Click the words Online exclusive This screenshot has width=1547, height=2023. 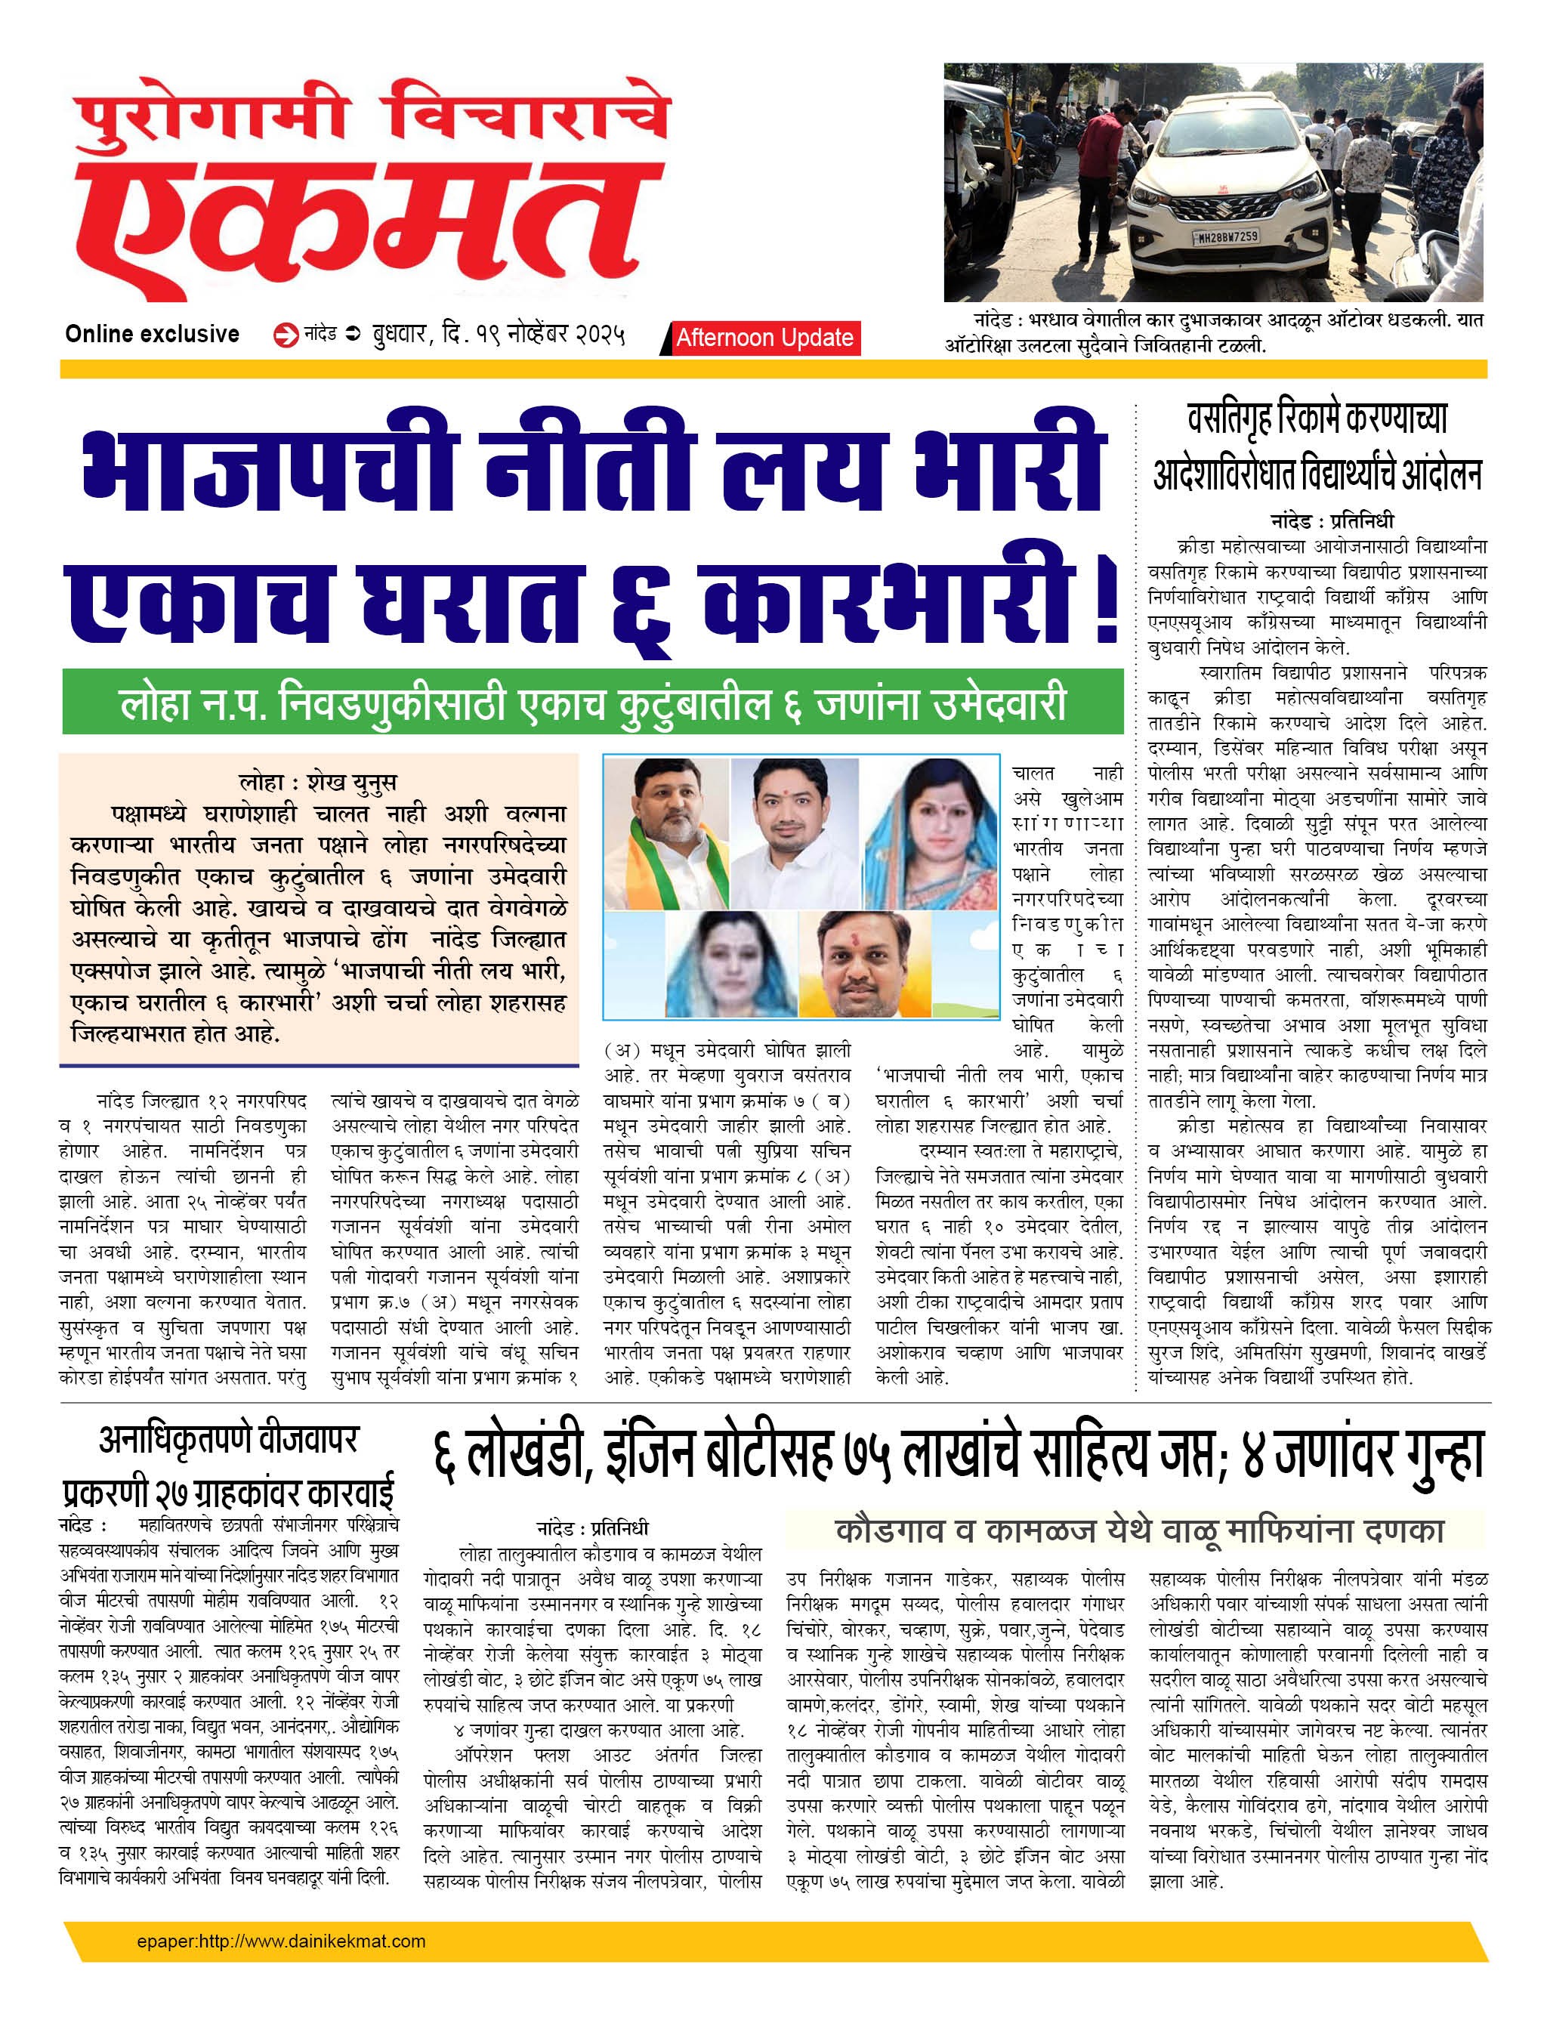pos(152,334)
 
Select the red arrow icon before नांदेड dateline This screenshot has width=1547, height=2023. pos(286,335)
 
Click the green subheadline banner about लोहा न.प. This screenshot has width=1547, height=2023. pos(593,703)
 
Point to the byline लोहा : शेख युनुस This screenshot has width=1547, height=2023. pos(318,782)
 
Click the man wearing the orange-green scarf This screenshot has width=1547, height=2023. pos(665,833)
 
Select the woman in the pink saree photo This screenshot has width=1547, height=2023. pos(931,833)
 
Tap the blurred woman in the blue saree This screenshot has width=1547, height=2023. pos(731,964)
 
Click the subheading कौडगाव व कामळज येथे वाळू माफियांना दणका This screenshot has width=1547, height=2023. pos(1138,1530)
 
